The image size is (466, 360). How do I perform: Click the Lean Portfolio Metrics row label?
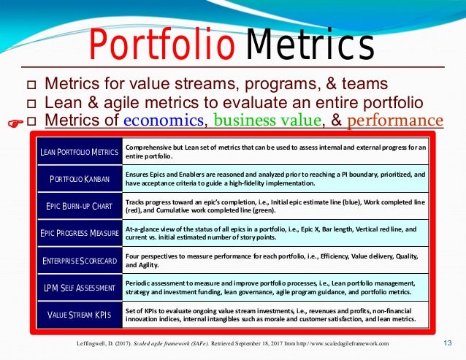pyautogui.click(x=79, y=152)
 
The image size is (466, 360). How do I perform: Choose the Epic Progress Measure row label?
pyautogui.click(x=79, y=234)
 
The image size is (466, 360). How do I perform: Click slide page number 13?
pyautogui.click(x=448, y=343)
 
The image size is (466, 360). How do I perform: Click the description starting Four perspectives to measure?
pyautogui.click(x=273, y=261)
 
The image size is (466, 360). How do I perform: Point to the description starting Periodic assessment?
pyautogui.click(x=273, y=288)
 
